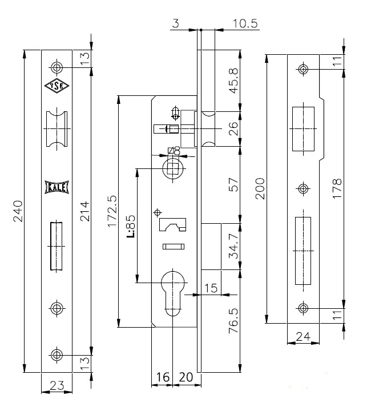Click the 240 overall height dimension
18,211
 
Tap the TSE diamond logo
57,86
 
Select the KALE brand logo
57,187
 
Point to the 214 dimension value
85,211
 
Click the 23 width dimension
57,385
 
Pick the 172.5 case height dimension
112,211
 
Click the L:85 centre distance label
131,226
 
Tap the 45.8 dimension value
233,80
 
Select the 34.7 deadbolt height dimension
233,246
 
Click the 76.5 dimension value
233,321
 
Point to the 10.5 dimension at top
245,23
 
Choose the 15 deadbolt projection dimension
211,288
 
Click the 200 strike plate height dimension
260,188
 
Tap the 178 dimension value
337,188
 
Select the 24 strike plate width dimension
303,336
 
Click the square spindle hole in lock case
173,168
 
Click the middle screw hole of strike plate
303,188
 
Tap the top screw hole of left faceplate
57,67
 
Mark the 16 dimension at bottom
163,377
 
